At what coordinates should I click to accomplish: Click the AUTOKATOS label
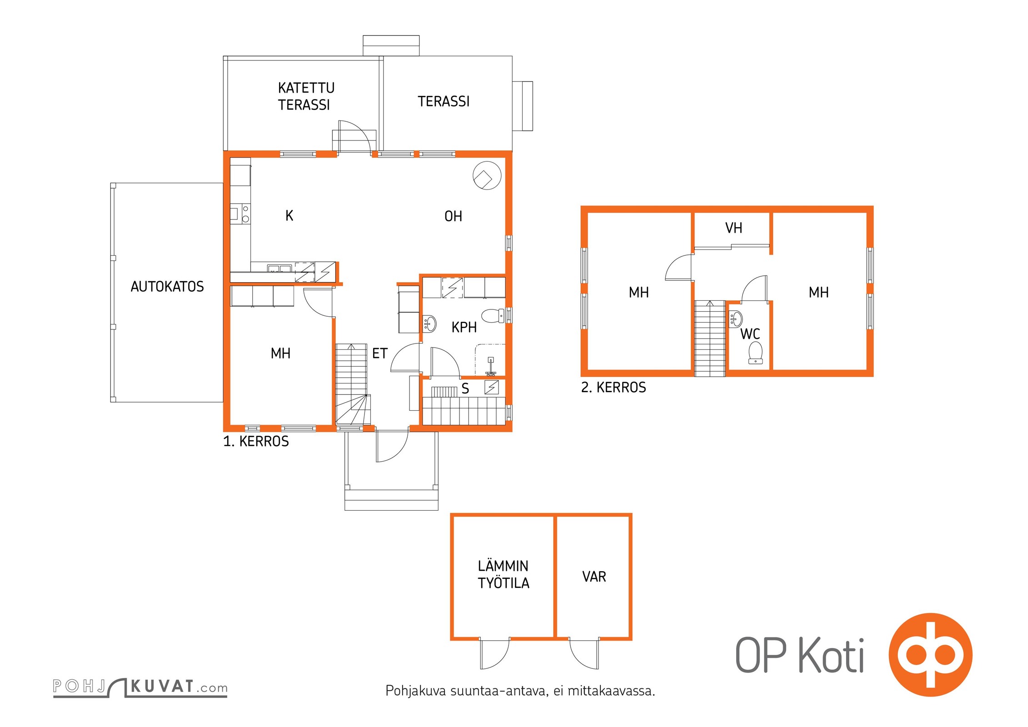(167, 287)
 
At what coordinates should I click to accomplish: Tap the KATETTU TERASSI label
(306, 96)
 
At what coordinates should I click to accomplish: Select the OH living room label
(453, 216)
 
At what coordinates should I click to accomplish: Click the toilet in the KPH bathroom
(493, 315)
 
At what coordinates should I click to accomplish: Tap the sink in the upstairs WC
(736, 319)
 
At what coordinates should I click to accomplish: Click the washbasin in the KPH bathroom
(429, 324)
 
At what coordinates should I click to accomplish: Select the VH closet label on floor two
(734, 228)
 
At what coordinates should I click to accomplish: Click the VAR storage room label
(594, 577)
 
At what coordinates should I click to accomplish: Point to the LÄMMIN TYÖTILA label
(504, 574)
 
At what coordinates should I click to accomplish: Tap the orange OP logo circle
(930, 655)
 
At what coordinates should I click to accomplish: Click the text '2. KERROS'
(614, 388)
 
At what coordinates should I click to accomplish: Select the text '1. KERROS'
(256, 441)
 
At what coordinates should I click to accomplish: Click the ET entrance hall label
(379, 354)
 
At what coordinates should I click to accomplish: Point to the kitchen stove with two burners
(240, 214)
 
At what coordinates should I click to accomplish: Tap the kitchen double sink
(279, 269)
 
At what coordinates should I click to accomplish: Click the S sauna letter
(465, 388)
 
